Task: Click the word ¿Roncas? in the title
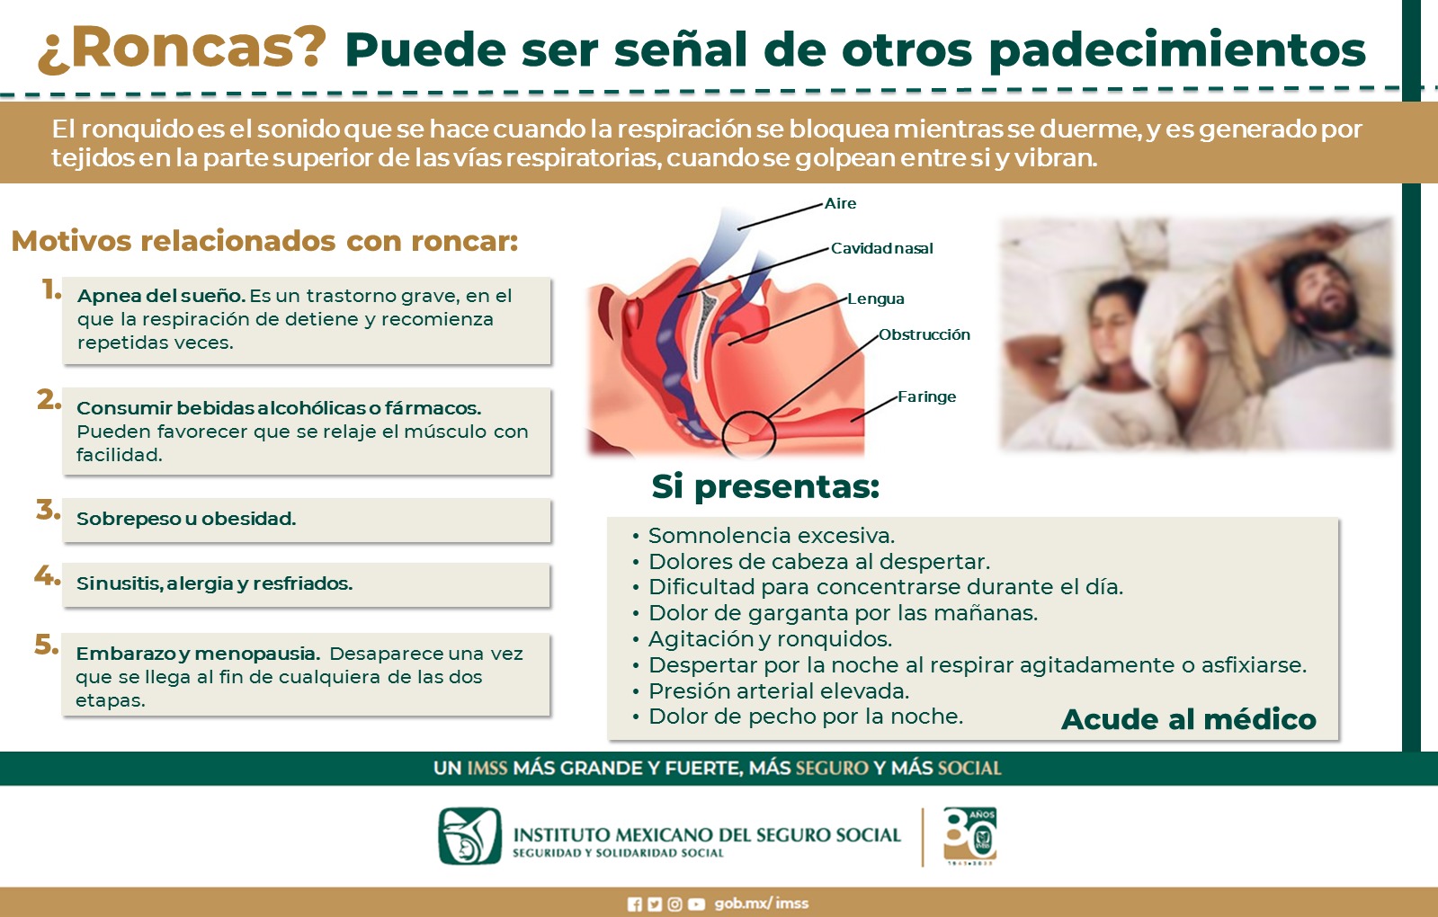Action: click(183, 49)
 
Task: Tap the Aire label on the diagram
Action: click(840, 203)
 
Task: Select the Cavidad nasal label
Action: click(882, 248)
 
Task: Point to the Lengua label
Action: click(876, 299)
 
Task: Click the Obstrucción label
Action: click(924, 334)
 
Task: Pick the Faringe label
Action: click(926, 396)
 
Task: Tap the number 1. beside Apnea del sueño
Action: click(51, 290)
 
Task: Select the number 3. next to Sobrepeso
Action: click(49, 510)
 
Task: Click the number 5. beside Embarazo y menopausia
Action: click(46, 645)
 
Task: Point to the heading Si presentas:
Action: click(765, 487)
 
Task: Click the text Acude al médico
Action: click(1189, 719)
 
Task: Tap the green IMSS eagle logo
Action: click(470, 835)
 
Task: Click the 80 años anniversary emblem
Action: click(969, 836)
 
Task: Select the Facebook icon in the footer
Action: click(634, 904)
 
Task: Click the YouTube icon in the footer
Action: click(697, 904)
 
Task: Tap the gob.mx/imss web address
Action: click(762, 904)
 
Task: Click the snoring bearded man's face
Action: click(1323, 292)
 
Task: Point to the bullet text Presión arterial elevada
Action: click(779, 691)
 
